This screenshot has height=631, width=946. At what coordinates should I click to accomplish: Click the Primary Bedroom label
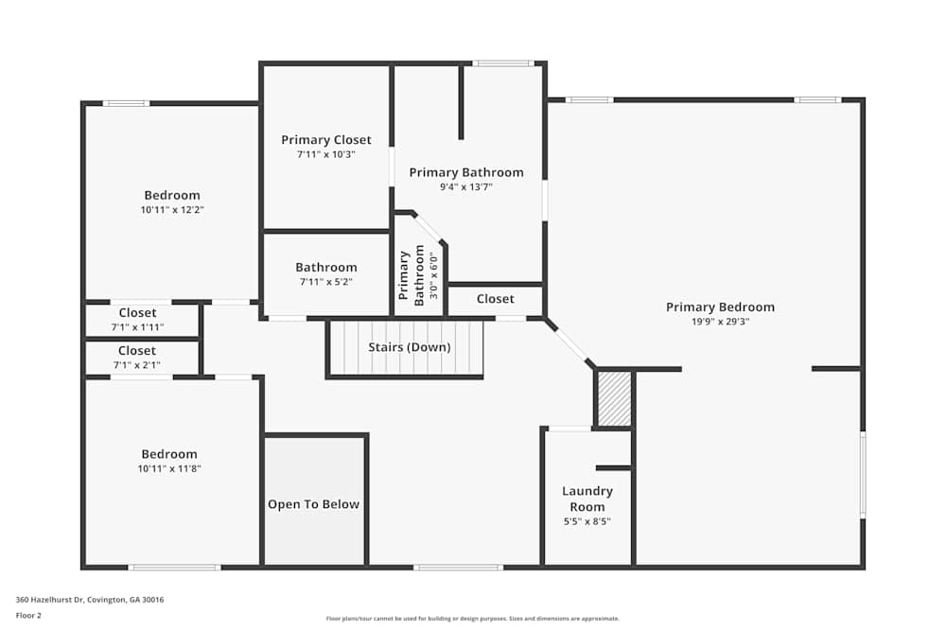click(720, 307)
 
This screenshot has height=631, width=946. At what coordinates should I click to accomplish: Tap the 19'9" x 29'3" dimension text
click(720, 322)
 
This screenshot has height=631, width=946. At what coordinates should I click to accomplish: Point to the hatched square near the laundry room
click(614, 398)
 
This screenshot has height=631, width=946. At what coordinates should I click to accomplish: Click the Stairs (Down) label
click(409, 347)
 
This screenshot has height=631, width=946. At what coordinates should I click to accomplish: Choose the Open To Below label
click(313, 504)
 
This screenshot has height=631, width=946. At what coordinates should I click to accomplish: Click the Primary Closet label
click(326, 140)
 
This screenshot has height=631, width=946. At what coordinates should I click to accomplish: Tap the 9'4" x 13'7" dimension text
click(465, 187)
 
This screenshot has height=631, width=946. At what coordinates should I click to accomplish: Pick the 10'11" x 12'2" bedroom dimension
click(172, 210)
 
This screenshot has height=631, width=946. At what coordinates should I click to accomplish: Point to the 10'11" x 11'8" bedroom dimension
click(170, 468)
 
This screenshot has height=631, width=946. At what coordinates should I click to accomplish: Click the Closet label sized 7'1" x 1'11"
click(138, 313)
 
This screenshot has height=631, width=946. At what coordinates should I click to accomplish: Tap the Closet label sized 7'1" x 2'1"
click(138, 351)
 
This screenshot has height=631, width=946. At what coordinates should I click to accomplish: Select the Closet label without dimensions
click(495, 299)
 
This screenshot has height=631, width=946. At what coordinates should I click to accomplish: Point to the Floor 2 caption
click(28, 615)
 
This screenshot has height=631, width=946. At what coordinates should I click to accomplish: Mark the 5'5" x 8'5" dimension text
click(587, 521)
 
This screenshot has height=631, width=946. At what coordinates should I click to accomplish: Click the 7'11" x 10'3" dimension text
click(326, 154)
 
